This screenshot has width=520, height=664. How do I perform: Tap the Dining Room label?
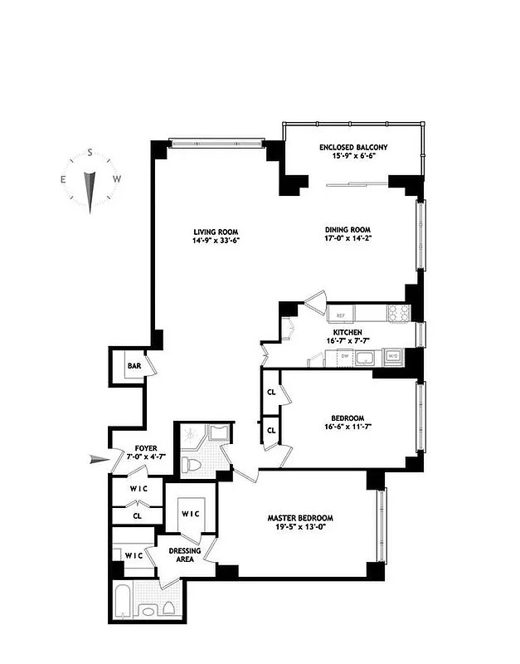[347, 230]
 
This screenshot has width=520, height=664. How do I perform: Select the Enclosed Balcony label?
[353, 148]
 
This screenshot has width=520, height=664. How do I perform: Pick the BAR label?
[133, 366]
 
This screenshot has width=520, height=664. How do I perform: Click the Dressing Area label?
[184, 555]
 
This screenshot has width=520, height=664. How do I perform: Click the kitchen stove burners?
[398, 313]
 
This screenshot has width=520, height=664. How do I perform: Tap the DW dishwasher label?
[343, 356]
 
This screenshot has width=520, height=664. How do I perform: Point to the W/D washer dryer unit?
[394, 356]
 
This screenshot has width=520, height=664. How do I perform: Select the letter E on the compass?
[63, 179]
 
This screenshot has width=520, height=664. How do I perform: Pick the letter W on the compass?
[117, 179]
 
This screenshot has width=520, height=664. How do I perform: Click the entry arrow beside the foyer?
[100, 457]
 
